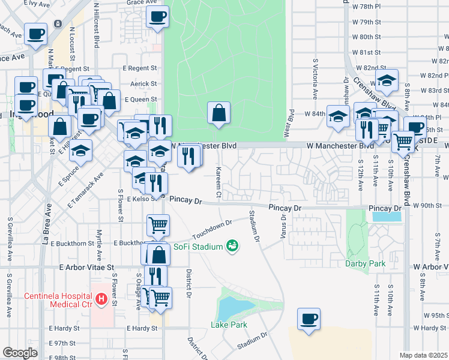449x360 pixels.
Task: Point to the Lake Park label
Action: coord(229,325)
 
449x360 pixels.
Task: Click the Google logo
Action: coord(20,353)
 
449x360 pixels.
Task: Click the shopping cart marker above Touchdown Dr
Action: coord(158,226)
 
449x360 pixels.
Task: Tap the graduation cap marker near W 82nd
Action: coord(387,81)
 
